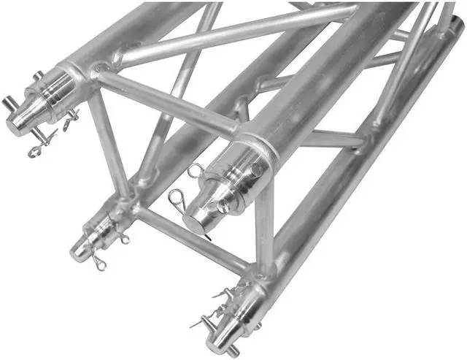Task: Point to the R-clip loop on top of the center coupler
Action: [196, 172]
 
